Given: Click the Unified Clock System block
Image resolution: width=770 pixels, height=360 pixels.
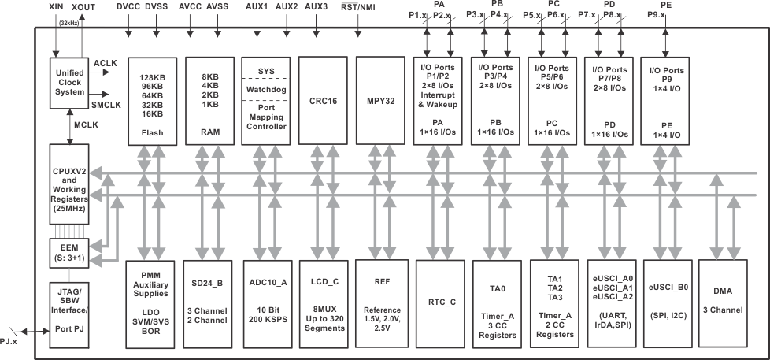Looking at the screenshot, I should pyautogui.click(x=70, y=82).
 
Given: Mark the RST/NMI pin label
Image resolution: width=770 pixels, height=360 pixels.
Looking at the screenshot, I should pyautogui.click(x=358, y=6).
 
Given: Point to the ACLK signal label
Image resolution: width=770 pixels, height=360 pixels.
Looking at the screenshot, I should pyautogui.click(x=105, y=63).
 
